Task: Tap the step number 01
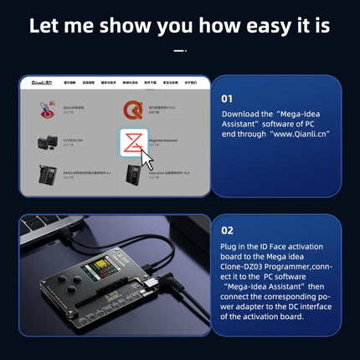point(227,98)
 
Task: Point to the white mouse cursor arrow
point(148,159)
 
